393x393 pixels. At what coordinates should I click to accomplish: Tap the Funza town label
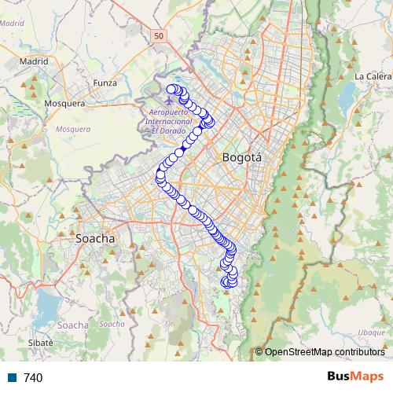[105, 83]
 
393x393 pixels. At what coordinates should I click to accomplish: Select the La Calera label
[372, 76]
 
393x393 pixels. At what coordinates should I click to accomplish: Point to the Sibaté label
[39, 343]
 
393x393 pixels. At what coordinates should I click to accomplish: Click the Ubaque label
[370, 332]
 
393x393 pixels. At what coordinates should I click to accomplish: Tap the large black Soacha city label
[95, 237]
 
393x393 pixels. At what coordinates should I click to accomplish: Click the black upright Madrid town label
[34, 60]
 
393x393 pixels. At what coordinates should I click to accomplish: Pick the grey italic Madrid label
[12, 24]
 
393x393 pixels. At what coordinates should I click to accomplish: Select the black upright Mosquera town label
[64, 103]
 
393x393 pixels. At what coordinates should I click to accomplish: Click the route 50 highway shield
[160, 36]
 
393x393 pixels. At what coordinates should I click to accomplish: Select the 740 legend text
[33, 378]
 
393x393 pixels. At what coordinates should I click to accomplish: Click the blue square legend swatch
[13, 378]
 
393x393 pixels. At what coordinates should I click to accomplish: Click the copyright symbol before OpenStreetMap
[259, 352]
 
